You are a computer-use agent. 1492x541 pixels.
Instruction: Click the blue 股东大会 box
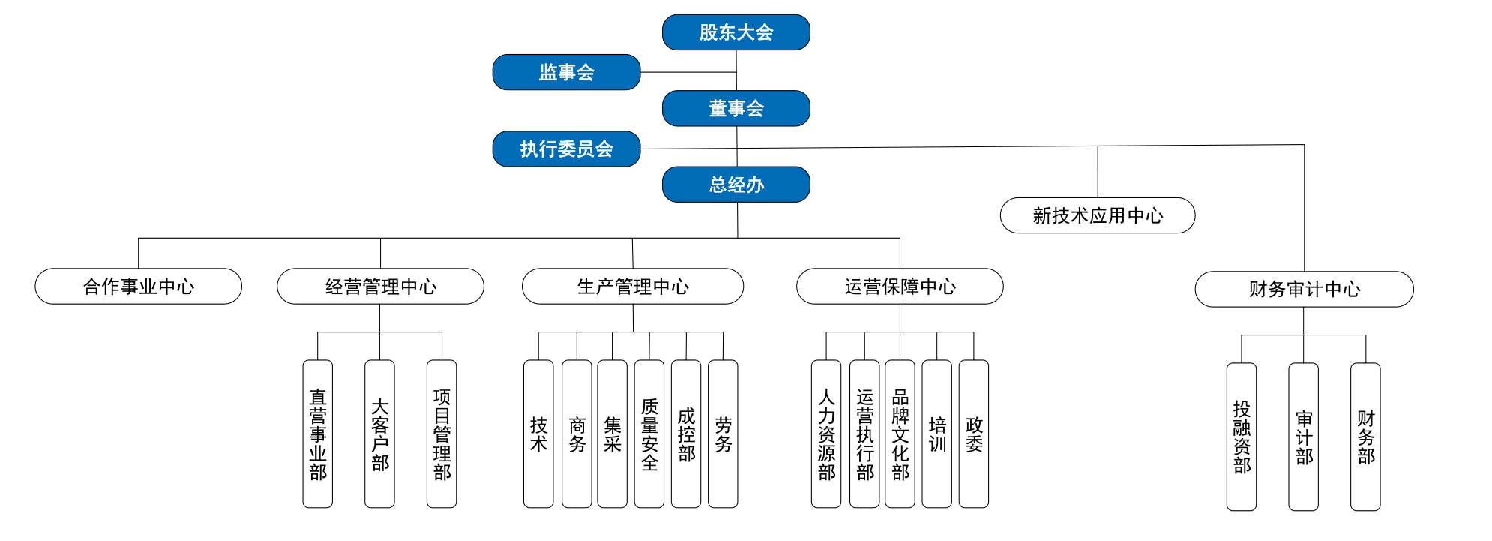[x=736, y=32]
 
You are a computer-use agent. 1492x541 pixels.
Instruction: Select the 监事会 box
[x=566, y=72]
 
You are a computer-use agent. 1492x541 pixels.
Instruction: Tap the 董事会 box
[x=736, y=108]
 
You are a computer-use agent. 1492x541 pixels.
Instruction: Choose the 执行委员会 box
[x=566, y=149]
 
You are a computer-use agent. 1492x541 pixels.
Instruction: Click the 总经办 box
[x=736, y=185]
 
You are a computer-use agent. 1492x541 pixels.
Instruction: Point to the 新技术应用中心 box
[x=1097, y=215]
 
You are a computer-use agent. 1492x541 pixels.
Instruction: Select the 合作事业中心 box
[x=138, y=286]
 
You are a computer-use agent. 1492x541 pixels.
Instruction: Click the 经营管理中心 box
[x=380, y=286]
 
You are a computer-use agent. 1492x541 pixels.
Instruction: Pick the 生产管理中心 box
[x=632, y=286]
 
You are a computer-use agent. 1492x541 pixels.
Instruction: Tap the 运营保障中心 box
[x=899, y=286]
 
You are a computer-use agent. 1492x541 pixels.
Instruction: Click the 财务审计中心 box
[x=1304, y=289]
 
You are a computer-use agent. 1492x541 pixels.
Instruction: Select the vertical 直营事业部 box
[x=317, y=434]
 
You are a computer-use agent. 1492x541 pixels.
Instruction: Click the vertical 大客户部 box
[x=379, y=434]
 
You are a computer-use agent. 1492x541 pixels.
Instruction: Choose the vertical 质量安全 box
[x=649, y=434]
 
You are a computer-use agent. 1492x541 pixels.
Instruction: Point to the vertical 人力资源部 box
[x=825, y=434]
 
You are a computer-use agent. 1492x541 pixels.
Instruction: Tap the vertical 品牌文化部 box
[x=900, y=434]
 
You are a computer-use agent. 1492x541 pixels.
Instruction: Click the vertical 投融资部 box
[x=1241, y=437]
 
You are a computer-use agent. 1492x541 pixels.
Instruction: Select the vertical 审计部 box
[x=1303, y=437]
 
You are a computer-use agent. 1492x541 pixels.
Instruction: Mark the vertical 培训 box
[x=936, y=434]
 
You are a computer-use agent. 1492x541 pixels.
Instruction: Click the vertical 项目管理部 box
[x=442, y=434]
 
